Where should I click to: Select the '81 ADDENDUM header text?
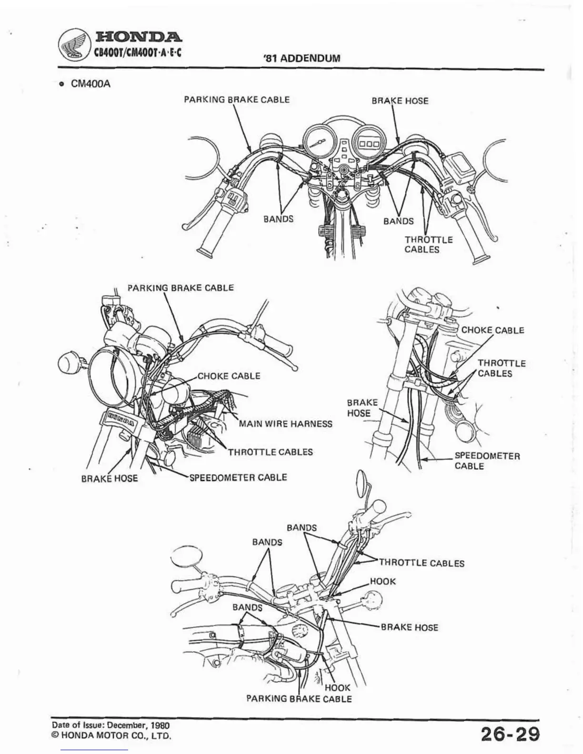(302, 59)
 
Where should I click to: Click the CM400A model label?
(90, 84)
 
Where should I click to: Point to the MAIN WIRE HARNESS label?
(285, 424)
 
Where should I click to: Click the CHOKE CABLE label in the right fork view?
(493, 330)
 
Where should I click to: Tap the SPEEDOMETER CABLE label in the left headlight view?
(238, 477)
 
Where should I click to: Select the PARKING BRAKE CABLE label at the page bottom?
(299, 699)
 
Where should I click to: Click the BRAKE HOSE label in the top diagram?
(400, 101)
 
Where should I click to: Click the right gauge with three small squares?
(368, 142)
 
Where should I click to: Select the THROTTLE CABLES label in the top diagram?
(428, 245)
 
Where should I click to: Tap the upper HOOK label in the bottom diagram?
(382, 582)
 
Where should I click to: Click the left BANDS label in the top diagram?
(278, 219)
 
